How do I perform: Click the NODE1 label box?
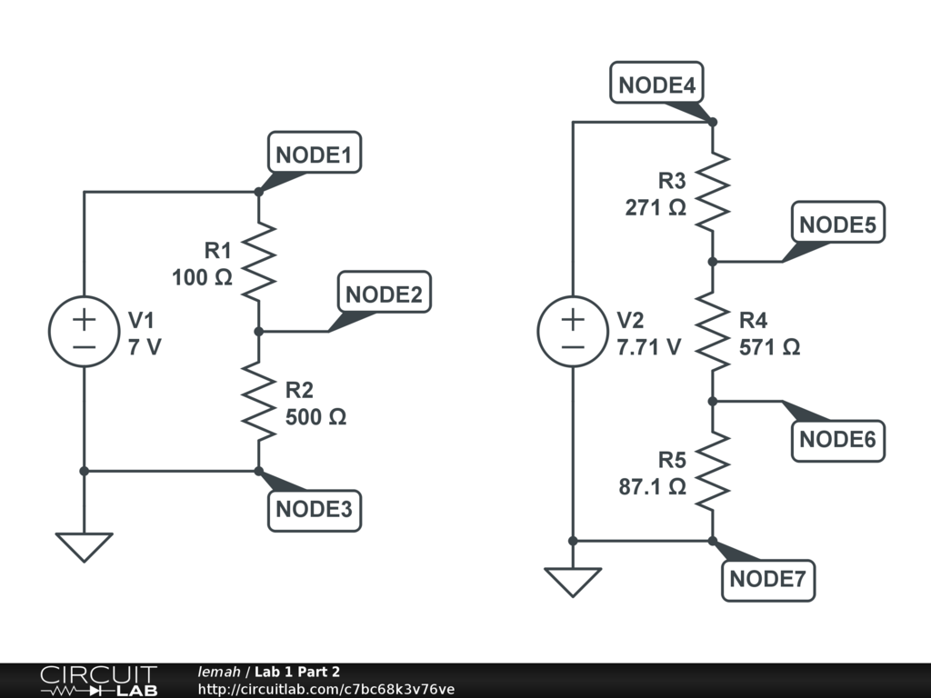tap(314, 155)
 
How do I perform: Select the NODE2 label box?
tap(384, 294)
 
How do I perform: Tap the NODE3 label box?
tap(314, 509)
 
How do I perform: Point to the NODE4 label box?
tap(656, 85)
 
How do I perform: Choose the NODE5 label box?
tap(837, 224)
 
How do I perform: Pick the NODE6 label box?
tap(837, 440)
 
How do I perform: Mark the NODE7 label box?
tap(768, 579)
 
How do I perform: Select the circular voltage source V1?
tap(84, 332)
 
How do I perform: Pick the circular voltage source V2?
tap(573, 332)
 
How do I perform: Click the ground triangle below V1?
tap(84, 546)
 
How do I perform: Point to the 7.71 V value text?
tap(648, 347)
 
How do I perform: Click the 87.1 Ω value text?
tap(652, 486)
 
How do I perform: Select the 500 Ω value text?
tap(315, 417)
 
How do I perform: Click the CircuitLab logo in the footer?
tap(97, 681)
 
